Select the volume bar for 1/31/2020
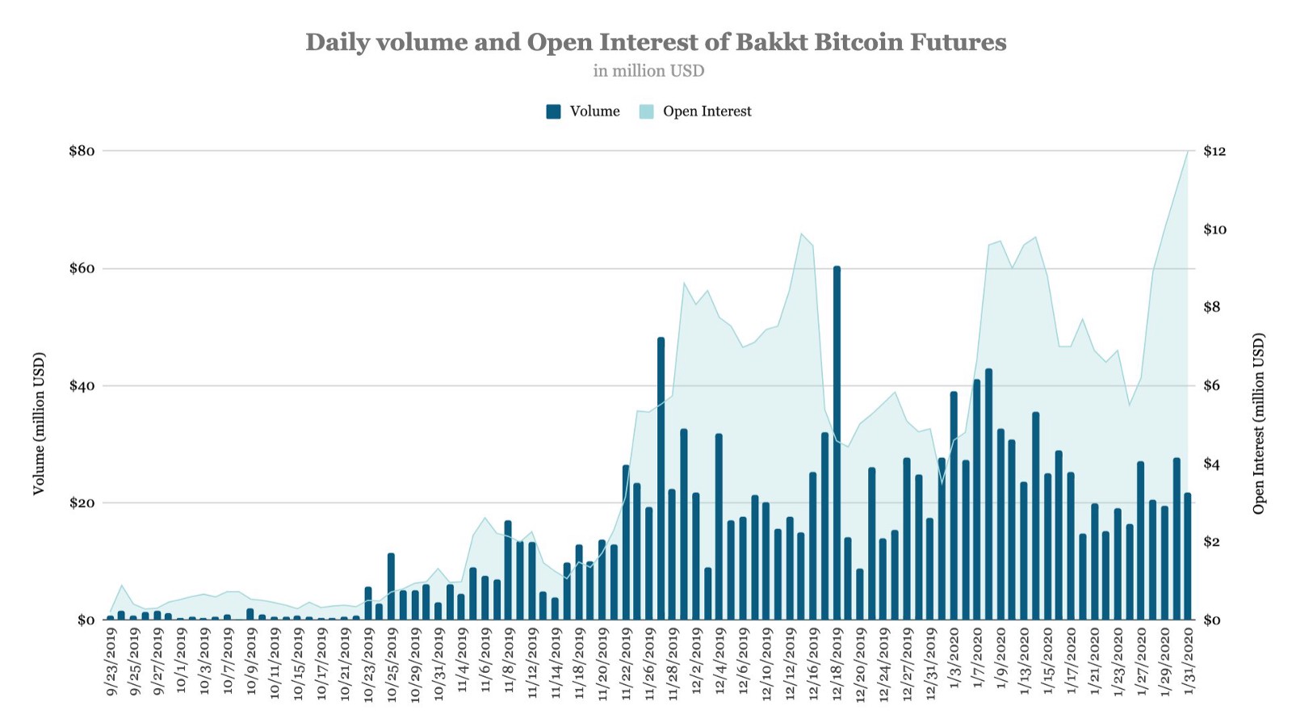1187,557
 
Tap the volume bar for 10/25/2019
391,586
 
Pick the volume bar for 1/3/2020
954,506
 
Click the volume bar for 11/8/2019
508,570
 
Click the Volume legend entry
583,111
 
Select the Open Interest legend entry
696,111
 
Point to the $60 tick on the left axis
82,268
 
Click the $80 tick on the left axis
82,151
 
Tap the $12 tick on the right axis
1214,151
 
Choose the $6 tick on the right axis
1214,385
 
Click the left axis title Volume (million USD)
39,423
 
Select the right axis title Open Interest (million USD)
1259,423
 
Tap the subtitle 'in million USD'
648,71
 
